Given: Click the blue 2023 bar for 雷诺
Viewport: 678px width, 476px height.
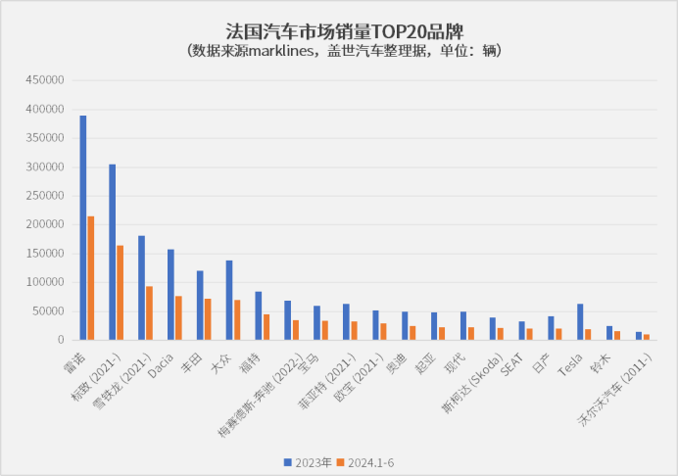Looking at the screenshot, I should coord(83,227).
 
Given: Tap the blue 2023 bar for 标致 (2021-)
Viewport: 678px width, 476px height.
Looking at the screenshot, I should coord(113,252).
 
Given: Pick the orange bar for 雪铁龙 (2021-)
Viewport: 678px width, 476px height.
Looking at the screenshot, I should coord(149,312).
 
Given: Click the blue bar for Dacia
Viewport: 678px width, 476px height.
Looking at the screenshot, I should coord(170,294).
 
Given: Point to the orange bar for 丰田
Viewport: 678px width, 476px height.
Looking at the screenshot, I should coord(208,319).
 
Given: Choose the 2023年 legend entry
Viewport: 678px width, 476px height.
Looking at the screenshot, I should coord(307,461).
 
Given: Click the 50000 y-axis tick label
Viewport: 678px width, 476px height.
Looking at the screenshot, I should coord(48,310).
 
